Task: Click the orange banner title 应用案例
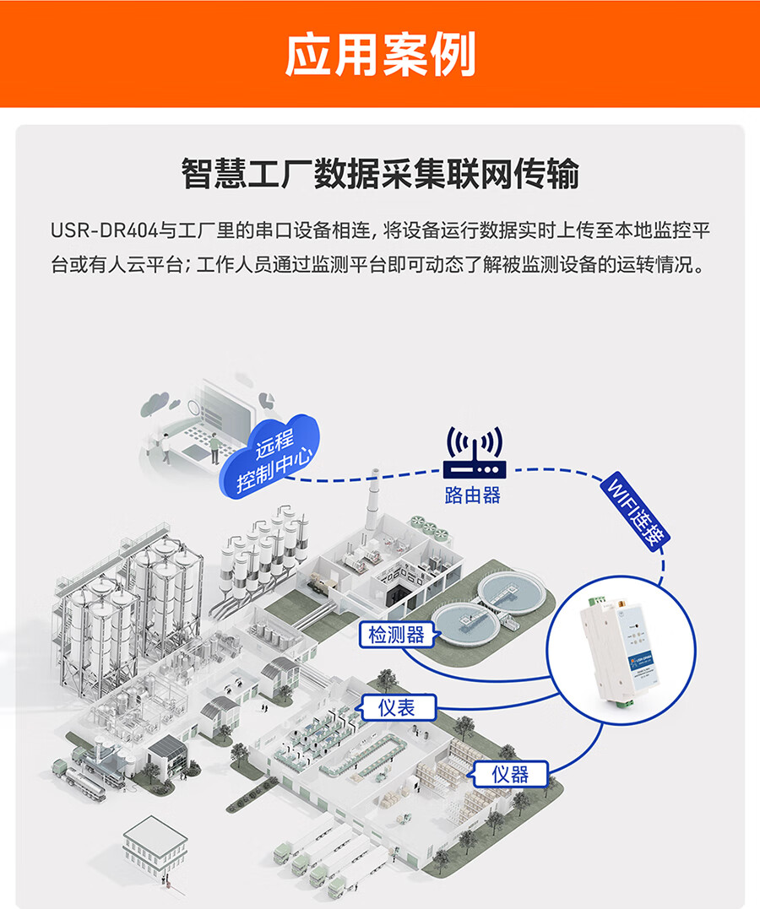pos(380,55)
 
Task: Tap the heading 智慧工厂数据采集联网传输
pos(380,174)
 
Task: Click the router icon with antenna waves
pos(474,455)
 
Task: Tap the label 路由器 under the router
pos(473,495)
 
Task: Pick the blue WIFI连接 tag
pos(634,514)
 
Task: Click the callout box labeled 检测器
pos(396,634)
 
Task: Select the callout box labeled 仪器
pos(510,774)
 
